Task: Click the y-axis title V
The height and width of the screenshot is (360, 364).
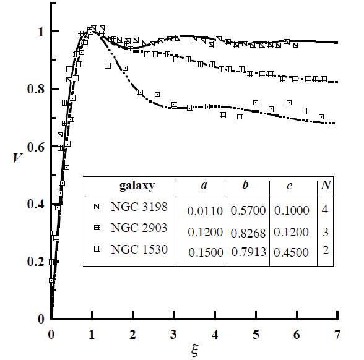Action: coord(17,158)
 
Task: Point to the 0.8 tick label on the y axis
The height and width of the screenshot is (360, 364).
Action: coord(35,89)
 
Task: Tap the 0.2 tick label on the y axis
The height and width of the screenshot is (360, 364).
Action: coord(35,262)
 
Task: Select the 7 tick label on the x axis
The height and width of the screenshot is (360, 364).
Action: coord(337,335)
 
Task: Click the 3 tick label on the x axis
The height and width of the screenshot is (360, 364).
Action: coord(173,335)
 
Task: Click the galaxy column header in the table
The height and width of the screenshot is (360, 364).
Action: coord(137,186)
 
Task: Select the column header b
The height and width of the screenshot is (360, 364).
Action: coord(245,184)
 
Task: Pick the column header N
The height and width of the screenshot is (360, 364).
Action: coord(326,185)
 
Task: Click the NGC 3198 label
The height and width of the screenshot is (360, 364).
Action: coord(139,207)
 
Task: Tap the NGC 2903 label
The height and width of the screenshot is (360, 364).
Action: coord(139,228)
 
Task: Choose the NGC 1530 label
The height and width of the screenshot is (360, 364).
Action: coord(139,249)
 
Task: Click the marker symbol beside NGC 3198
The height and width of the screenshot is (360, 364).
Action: coord(97,206)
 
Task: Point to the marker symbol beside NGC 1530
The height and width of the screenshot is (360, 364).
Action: coord(97,249)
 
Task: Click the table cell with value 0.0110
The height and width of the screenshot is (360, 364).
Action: coord(205,211)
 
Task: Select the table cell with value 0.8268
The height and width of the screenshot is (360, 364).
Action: coord(248,233)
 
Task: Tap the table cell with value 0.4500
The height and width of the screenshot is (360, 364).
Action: coord(291,252)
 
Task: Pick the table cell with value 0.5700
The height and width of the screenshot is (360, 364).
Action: coord(248,210)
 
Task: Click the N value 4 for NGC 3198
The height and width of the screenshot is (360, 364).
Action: coord(325,210)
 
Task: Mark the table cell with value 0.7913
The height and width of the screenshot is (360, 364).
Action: coord(249,252)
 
